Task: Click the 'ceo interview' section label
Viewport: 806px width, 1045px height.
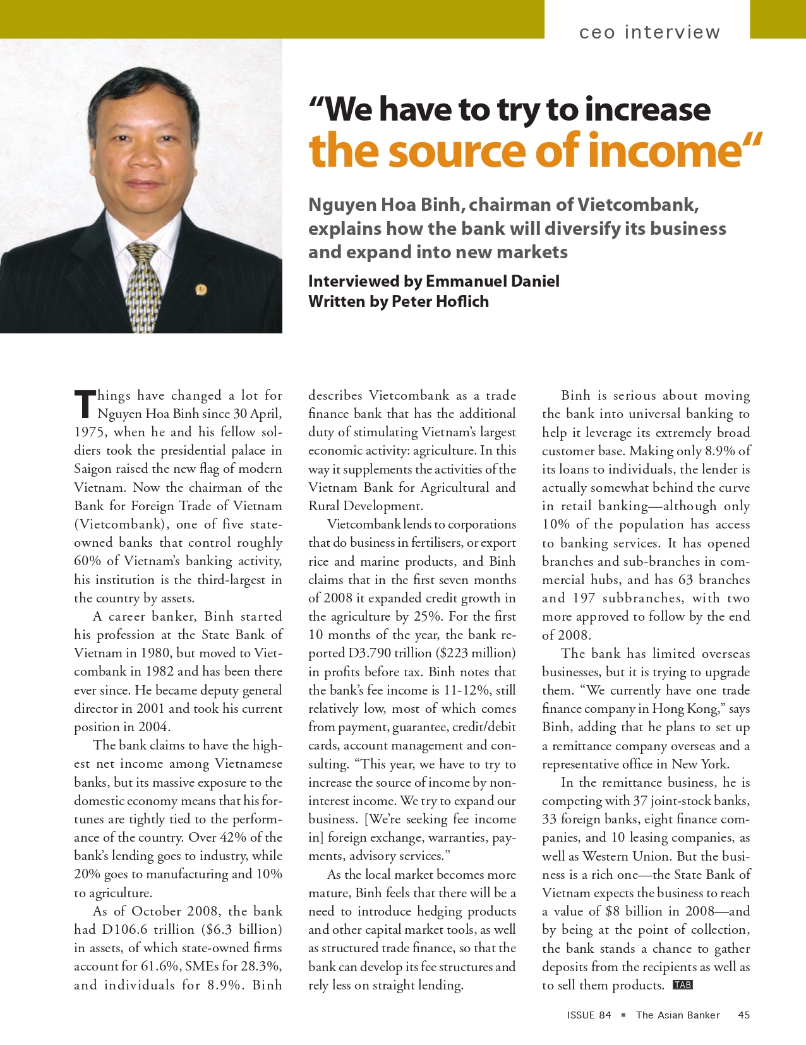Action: click(x=649, y=32)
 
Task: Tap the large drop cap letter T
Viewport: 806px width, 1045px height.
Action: click(x=84, y=404)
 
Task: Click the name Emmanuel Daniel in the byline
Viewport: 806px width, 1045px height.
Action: click(x=492, y=281)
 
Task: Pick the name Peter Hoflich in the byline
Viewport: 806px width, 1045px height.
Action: click(x=440, y=301)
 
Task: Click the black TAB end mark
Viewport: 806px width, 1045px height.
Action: click(x=683, y=985)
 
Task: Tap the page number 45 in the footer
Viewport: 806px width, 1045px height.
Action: click(x=743, y=1015)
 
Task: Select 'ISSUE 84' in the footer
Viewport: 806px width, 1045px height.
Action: click(x=589, y=1015)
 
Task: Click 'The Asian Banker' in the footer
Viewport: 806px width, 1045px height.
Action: click(x=678, y=1015)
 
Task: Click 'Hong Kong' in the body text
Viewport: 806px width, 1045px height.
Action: click(x=684, y=709)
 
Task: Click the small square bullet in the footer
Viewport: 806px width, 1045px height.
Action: click(x=623, y=1015)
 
